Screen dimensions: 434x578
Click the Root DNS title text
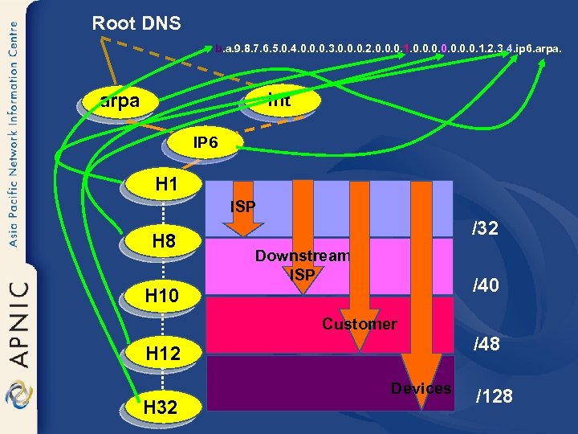[x=136, y=23]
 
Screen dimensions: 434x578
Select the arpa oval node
[x=120, y=102]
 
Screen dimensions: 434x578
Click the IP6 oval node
[x=205, y=144]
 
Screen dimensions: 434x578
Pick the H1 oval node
[x=165, y=186]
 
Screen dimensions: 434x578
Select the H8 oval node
[x=165, y=242]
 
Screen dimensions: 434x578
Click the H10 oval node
[x=165, y=297]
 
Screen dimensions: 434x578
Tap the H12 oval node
[x=165, y=354]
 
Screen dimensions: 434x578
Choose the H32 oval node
[x=165, y=407]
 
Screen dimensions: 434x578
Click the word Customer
[x=359, y=324]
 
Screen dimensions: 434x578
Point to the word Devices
[x=421, y=388]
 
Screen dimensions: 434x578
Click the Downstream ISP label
[x=303, y=265]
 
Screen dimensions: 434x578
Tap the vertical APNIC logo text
[x=18, y=321]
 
